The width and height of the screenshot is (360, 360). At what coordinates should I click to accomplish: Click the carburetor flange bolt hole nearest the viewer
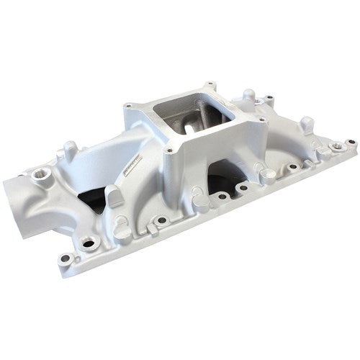tap(168, 151)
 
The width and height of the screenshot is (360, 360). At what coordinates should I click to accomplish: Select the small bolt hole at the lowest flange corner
tap(66, 257)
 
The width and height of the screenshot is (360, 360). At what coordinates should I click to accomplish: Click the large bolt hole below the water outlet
tap(89, 244)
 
